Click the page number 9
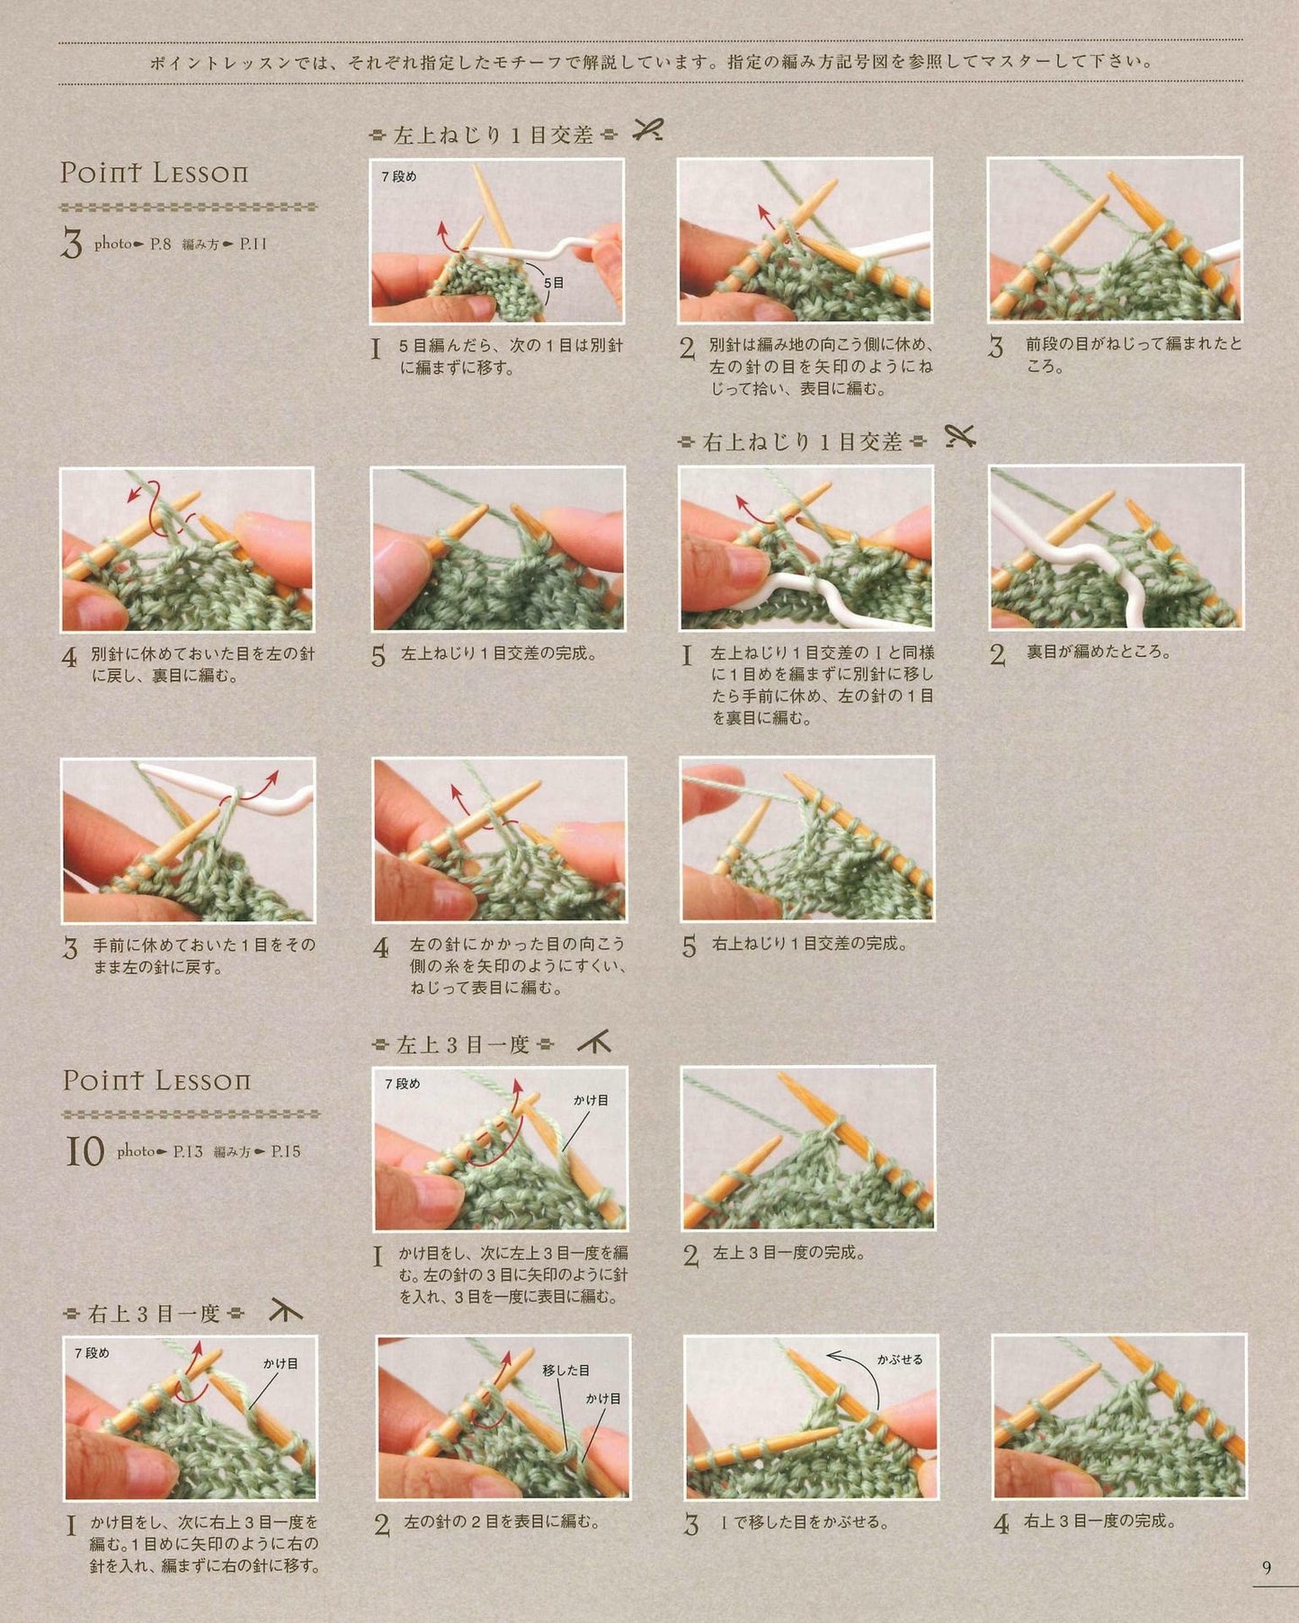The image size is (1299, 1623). (1267, 1567)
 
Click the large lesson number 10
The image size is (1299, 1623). (85, 1151)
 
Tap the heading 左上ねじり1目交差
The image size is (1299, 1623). (494, 135)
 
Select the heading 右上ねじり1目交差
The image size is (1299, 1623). (802, 441)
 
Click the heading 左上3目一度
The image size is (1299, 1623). (463, 1044)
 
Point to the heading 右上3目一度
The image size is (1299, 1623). (155, 1314)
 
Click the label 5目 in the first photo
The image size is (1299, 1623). (554, 282)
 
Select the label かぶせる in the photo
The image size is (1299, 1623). (900, 1360)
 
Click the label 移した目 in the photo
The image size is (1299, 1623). (565, 1370)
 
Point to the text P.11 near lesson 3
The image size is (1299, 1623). (253, 244)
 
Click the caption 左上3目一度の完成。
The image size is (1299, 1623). (789, 1252)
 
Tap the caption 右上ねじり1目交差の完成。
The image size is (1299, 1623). (810, 944)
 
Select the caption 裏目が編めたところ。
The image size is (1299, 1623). (1099, 652)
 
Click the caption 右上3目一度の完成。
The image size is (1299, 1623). (1100, 1521)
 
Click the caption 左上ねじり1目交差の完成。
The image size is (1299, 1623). (499, 653)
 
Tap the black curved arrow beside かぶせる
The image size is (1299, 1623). (852, 1366)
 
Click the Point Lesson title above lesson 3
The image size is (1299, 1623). (154, 173)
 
